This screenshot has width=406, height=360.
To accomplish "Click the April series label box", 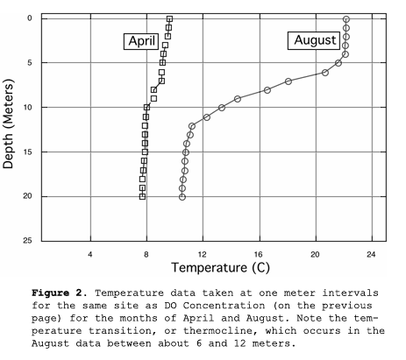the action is coord(141,41).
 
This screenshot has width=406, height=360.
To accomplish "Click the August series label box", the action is coord(314,40).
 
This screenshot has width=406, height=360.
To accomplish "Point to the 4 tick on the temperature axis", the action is coord(90,255).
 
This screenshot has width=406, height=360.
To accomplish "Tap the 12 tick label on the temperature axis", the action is coord(203,255).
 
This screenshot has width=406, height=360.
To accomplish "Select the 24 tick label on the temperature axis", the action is coord(371,255).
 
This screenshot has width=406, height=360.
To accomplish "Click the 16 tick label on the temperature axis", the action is coord(259,255).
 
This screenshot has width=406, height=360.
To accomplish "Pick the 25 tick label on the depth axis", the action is coord(28,241).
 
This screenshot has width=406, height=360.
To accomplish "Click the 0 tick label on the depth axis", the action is coord(30,18).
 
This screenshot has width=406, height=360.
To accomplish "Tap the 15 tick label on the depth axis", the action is coord(28,152).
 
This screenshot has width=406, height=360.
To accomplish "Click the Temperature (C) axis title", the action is coord(221,267).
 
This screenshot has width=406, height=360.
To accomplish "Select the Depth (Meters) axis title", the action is coord(8,124).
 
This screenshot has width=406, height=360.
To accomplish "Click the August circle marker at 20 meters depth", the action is coord(182,197).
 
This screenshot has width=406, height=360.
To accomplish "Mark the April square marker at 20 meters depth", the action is coord(142,197).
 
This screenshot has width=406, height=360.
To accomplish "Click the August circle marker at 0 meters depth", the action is coord(346,19).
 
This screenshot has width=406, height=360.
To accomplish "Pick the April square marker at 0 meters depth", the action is coord(169,19).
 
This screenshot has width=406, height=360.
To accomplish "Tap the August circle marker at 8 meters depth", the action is coord(267,90).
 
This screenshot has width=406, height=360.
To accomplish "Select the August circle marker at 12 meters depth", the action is coord(192,126).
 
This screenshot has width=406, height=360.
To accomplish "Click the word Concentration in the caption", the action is coord(224,306).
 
